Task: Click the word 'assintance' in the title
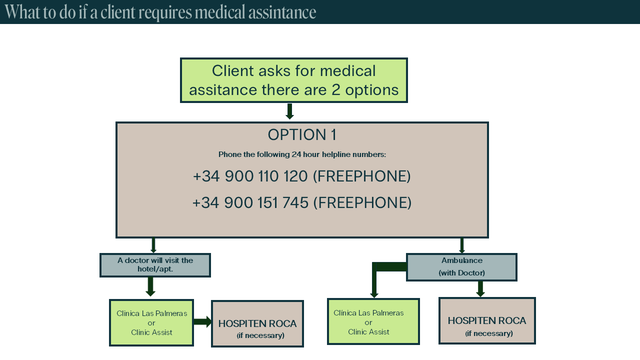click(282, 12)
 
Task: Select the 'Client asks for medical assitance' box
click(293, 80)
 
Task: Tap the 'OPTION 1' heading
click(302, 135)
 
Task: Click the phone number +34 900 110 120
click(250, 176)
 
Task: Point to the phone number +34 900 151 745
click(250, 202)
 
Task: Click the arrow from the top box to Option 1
click(289, 111)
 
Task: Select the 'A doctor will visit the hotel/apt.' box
click(155, 265)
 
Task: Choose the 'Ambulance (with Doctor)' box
click(461, 267)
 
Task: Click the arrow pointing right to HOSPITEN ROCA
click(202, 321)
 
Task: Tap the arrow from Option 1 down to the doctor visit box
click(153, 245)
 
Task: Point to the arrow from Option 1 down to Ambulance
click(462, 245)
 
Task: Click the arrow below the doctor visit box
click(150, 286)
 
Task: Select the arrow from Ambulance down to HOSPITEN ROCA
click(480, 289)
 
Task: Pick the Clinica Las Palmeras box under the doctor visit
click(151, 323)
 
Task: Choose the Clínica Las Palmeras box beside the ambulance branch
click(373, 321)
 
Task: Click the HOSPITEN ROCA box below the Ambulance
click(487, 320)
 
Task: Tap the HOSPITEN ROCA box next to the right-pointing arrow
click(257, 323)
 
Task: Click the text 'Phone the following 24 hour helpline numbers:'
click(302, 154)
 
